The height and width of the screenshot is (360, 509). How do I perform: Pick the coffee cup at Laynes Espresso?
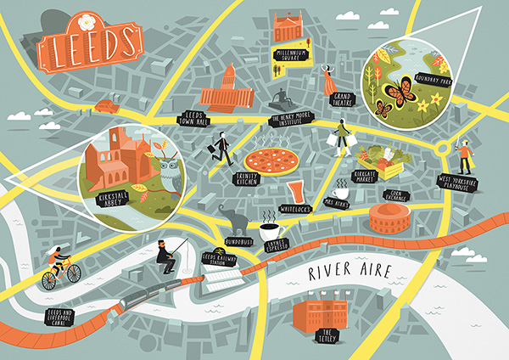(271, 230)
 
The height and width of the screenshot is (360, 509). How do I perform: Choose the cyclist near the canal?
(60, 265)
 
